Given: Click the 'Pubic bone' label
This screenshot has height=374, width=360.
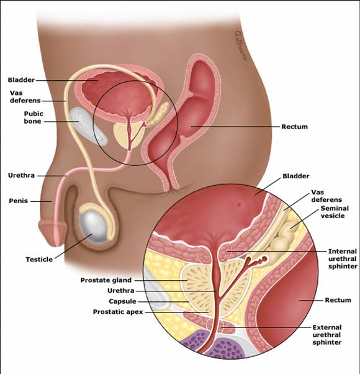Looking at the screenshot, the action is (x=34, y=117).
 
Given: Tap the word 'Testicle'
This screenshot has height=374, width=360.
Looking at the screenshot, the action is (x=39, y=259).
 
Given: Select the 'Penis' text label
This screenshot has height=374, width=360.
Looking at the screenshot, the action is (x=19, y=201).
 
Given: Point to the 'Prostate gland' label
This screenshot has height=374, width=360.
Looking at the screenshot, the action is (x=106, y=280).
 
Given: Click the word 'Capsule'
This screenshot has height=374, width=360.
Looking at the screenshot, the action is (x=122, y=301).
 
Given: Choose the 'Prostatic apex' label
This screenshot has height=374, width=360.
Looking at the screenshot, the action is (x=118, y=312).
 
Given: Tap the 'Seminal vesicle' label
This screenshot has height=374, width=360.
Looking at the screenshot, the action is (x=335, y=212).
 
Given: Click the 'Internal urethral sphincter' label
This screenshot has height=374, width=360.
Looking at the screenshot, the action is (x=343, y=259).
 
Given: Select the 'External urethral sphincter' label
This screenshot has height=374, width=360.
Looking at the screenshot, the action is (x=327, y=335).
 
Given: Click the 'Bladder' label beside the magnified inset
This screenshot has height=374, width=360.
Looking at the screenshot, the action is (x=296, y=176).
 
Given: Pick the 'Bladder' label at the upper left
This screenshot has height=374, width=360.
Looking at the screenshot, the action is (x=21, y=80).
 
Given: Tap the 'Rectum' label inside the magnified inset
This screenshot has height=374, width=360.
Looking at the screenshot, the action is (x=338, y=300).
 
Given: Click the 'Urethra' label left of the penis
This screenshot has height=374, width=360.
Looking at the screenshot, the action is (x=21, y=175).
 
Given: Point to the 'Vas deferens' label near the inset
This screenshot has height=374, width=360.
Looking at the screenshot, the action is (x=326, y=196).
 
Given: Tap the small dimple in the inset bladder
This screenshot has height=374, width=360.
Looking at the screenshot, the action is (x=239, y=204).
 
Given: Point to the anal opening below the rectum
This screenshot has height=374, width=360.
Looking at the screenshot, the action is (x=171, y=189).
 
